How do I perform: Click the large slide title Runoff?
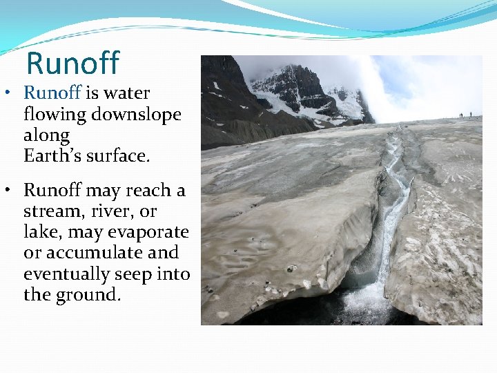[72, 64]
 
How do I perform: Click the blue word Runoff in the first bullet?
[52, 93]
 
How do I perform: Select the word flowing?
[51, 114]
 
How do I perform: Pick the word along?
[46, 135]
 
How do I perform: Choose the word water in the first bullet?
[126, 93]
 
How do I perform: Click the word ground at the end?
[88, 296]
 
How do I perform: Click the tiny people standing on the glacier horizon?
[466, 115]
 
